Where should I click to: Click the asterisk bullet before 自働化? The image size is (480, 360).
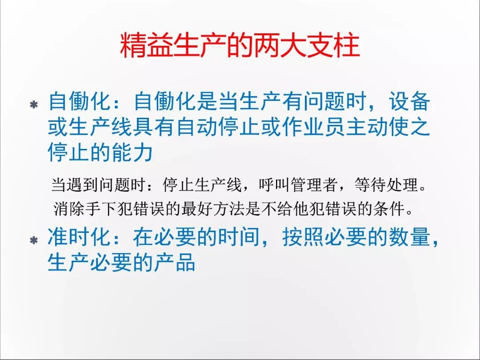click(34, 105)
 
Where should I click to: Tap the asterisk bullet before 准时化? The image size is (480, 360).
click(34, 240)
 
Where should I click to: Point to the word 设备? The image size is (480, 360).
click(410, 101)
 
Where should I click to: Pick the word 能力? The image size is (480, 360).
click(132, 152)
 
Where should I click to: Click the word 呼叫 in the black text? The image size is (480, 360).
click(275, 185)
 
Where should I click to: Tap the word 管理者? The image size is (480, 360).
click(314, 185)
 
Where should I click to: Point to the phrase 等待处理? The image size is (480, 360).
click(386, 185)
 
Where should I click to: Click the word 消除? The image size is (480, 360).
click(69, 209)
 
